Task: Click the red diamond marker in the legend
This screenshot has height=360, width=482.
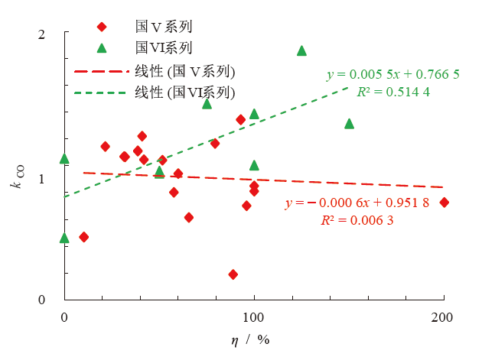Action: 102,27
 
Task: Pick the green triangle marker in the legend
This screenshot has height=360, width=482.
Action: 102,48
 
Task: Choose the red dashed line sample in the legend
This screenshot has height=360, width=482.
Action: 99,71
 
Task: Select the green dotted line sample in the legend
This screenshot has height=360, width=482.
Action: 99,92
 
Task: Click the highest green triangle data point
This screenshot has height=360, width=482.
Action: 301,50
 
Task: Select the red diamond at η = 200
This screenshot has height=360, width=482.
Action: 444,203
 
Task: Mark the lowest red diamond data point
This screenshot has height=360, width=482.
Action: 233,274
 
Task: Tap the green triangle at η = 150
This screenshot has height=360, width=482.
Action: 349,123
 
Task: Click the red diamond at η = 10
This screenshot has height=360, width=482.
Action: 84,237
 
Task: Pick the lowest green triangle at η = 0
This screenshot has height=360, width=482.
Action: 65,238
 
